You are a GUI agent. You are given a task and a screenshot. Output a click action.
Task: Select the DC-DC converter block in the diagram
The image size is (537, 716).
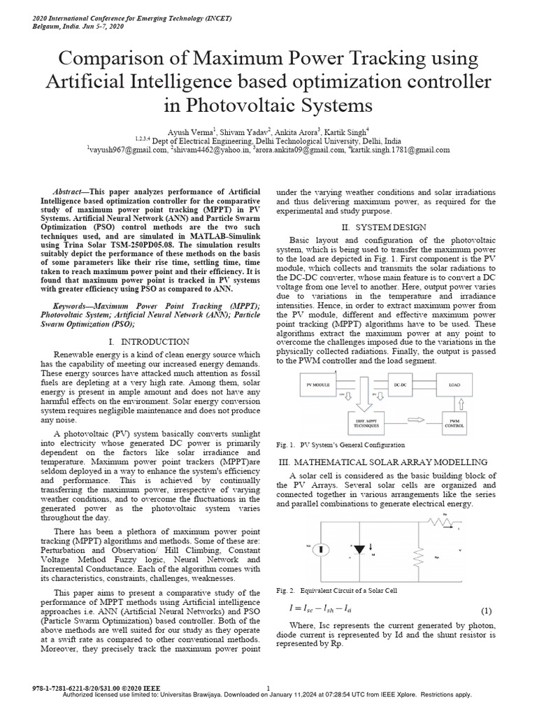[400, 385]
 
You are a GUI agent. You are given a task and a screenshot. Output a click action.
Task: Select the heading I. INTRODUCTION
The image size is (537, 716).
[150, 342]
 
